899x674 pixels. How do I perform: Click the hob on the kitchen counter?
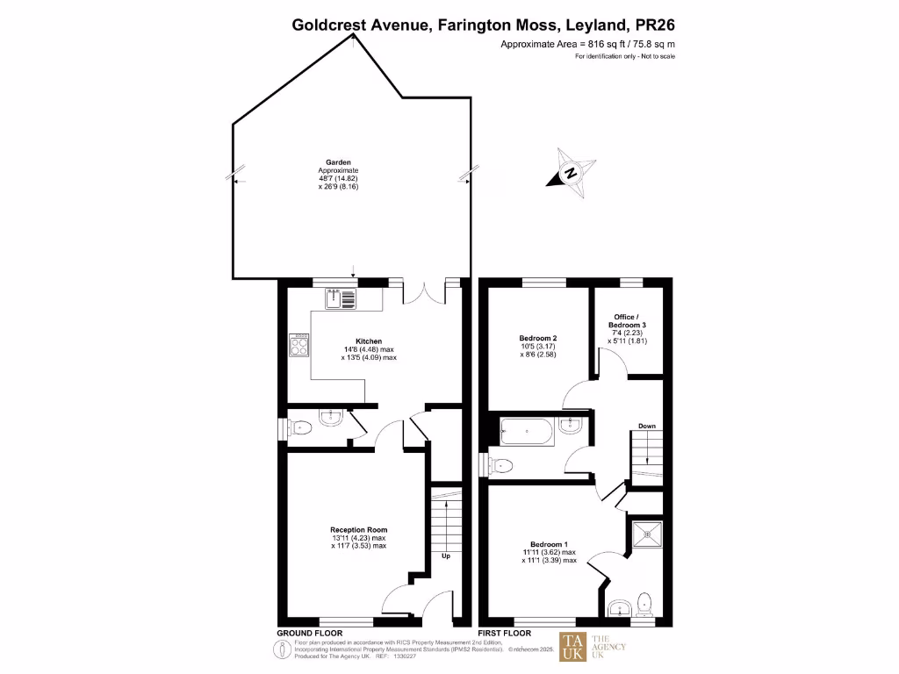tap(298, 346)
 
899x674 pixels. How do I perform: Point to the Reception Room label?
tap(358, 529)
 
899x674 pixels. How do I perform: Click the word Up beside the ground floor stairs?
tap(446, 556)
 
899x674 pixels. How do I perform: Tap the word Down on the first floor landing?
tap(647, 427)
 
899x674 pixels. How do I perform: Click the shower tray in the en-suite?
tap(650, 532)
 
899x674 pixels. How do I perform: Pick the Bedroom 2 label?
tap(538, 338)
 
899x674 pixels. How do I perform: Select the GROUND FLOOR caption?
tap(310, 633)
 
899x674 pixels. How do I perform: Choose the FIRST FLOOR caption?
tap(504, 633)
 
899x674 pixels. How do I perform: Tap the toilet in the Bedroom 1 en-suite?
tap(645, 604)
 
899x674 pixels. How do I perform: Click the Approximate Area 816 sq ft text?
tap(587, 44)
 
